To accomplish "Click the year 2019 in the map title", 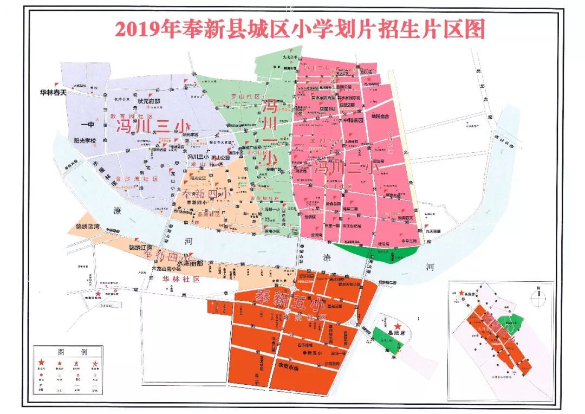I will (133, 29).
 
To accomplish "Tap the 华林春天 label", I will (53, 92).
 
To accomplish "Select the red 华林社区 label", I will (181, 280).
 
